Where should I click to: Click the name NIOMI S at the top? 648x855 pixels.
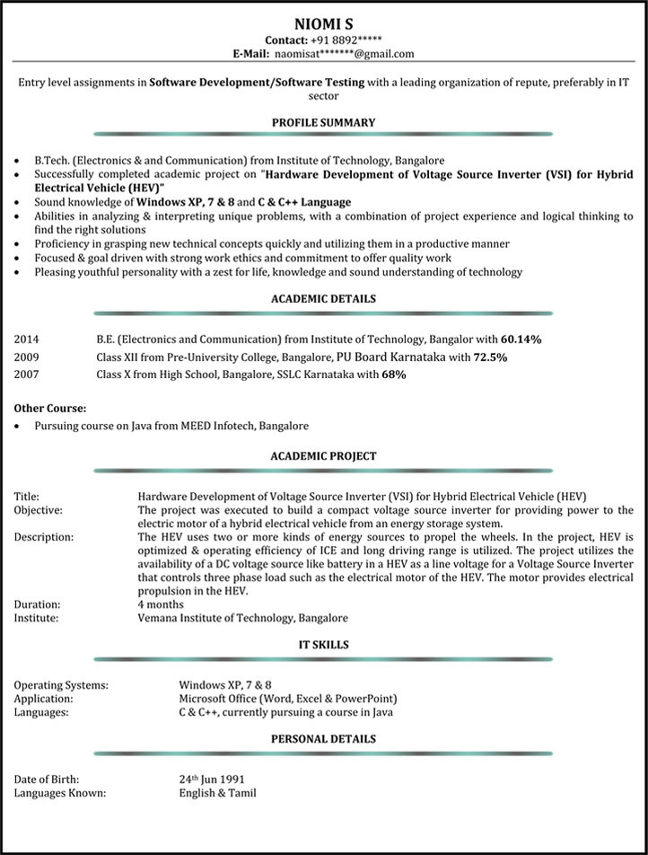[x=323, y=22]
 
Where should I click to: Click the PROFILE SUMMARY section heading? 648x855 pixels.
[x=323, y=122]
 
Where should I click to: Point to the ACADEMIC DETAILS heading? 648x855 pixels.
[x=323, y=299]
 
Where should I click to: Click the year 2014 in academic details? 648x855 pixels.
[x=27, y=340]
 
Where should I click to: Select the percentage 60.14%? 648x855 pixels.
[x=521, y=340]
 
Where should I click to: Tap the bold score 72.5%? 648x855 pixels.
[x=490, y=357]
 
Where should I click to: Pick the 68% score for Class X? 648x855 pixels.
[x=394, y=374]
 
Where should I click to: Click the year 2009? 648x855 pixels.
[x=27, y=357]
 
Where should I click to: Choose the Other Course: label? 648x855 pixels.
[x=50, y=409]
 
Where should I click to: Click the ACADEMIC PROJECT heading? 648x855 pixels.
[x=323, y=456]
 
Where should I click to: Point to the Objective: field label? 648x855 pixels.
[x=39, y=510]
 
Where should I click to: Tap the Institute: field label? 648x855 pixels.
[x=37, y=618]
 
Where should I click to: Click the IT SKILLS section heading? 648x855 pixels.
[x=323, y=644]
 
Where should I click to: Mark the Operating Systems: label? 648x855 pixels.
[x=61, y=685]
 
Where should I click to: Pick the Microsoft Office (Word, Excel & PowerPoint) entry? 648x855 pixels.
[x=288, y=699]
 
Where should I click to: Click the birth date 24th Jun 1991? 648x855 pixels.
[x=212, y=780]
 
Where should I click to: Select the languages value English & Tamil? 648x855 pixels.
[x=217, y=793]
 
